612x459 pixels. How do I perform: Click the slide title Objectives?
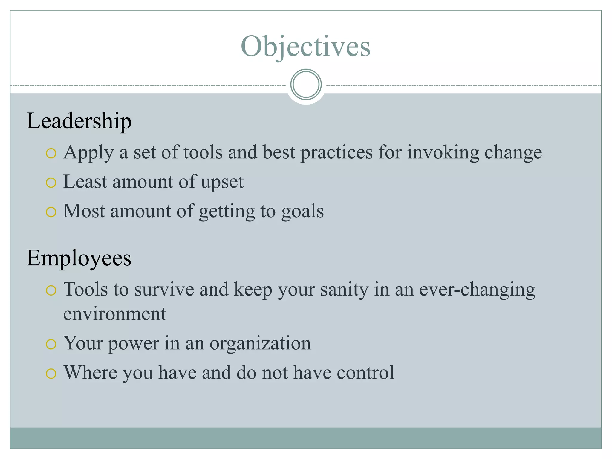305,46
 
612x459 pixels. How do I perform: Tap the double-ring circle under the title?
306,84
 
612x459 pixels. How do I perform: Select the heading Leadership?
79,121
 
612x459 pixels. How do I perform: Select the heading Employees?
79,258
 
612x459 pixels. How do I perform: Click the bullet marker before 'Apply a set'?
51,154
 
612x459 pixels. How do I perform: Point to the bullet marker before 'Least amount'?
51,183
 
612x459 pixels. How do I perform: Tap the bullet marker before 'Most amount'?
51,212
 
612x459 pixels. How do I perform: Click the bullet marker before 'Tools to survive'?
51,290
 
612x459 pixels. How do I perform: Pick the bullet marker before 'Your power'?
51,344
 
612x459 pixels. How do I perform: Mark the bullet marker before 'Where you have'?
51,374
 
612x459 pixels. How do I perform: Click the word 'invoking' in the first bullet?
443,152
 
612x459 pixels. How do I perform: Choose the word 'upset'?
222,182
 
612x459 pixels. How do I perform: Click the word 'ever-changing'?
477,290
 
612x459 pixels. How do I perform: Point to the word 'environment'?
114,314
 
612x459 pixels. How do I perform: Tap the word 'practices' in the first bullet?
336,152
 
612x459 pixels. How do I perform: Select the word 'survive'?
164,290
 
